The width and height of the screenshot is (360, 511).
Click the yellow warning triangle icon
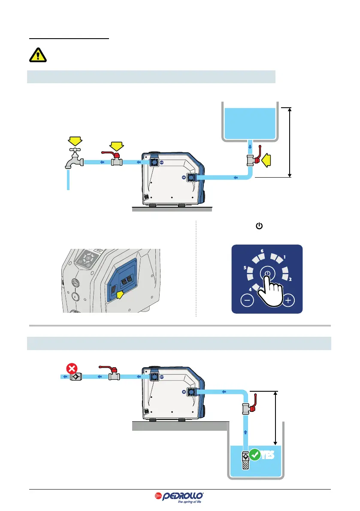tap(39, 55)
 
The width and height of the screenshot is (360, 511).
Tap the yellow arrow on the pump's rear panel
tap(122, 294)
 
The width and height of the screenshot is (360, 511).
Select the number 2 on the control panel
tap(290, 280)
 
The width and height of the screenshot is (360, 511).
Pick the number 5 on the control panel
tap(245, 268)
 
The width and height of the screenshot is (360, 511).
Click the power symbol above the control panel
tap(258, 225)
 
